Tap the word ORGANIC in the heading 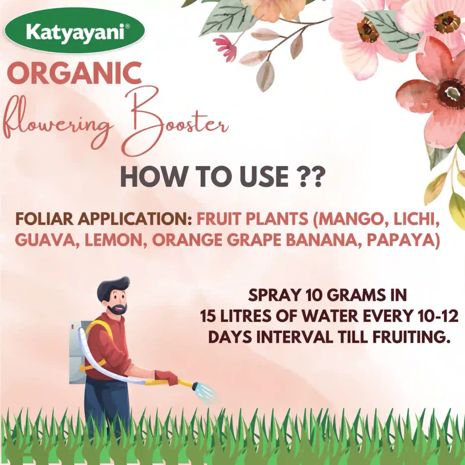pyautogui.click(x=74, y=73)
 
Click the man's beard pyautogui.click(x=117, y=309)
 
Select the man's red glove pyautogui.click(x=167, y=378)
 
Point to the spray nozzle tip pyautogui.click(x=196, y=386)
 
